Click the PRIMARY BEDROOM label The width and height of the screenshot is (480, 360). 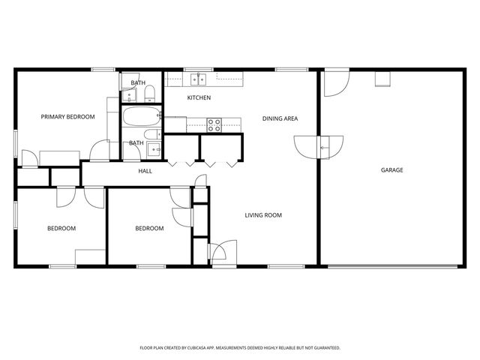67,116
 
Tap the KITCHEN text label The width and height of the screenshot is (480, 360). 199,97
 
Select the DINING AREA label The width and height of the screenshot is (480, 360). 280,118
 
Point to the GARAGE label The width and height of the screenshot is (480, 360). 391,170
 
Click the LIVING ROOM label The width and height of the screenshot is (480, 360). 263,215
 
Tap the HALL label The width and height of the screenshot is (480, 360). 145,171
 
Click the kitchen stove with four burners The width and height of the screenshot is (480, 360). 214,125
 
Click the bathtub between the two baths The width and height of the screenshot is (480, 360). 140,117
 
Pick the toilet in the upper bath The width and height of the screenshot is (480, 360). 149,93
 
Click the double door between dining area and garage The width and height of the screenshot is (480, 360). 320,146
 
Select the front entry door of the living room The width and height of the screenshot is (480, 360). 223,253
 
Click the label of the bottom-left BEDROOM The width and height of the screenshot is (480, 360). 61,228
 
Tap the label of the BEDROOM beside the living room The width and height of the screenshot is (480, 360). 149,228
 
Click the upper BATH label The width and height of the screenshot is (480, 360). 138,82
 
